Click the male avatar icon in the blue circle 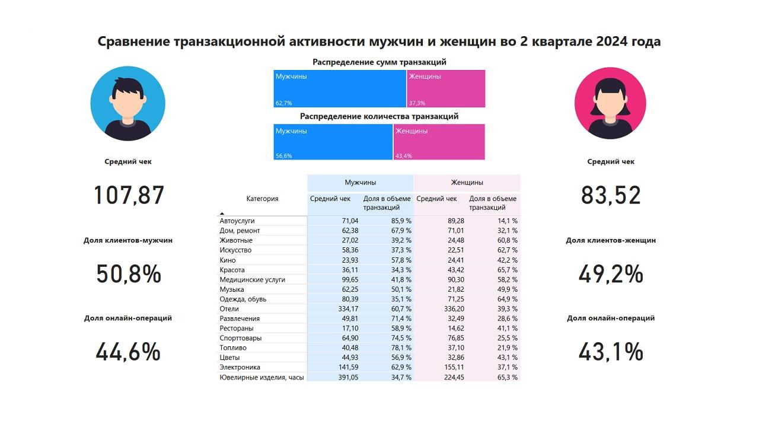click(127, 103)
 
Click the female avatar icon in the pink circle click(610, 103)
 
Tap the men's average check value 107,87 click(129, 196)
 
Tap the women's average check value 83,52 click(611, 196)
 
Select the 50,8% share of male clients click(129, 275)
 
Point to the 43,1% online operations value click(611, 352)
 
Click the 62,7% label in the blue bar click(283, 103)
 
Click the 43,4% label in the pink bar click(403, 156)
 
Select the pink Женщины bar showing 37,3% click(446, 89)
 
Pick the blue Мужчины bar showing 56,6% click(333, 142)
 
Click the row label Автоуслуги click(237, 221)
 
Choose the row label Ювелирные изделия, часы click(261, 378)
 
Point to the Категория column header click(262, 199)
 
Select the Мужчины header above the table click(361, 183)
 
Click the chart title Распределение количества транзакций click(379, 117)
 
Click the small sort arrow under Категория click(222, 213)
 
